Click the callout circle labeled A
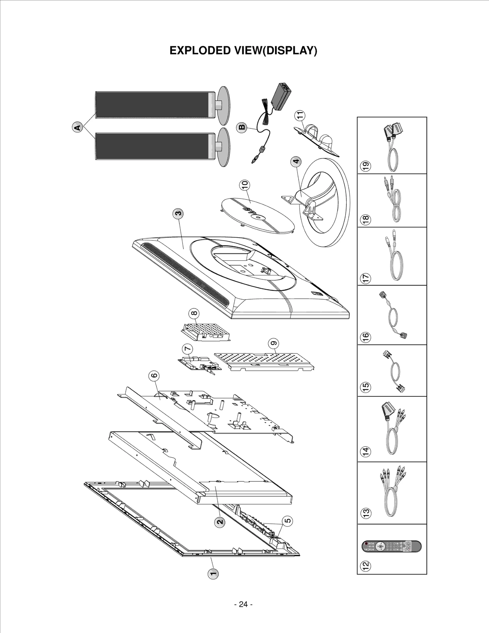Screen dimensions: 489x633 pos(78,127)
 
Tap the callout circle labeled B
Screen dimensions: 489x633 pos(242,127)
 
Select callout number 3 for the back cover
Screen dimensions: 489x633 pos(178,213)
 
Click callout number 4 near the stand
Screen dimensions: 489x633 pos(296,161)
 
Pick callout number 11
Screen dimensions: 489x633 pos(300,115)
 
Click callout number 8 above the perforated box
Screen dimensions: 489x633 pos(194,313)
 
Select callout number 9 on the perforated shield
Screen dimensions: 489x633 pos(274,343)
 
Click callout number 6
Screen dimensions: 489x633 pos(154,376)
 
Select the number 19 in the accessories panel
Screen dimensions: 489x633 pos(366,166)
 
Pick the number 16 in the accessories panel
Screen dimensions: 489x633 pos(366,337)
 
